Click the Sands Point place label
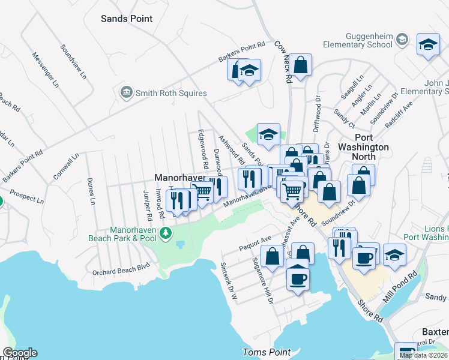coord(127,19)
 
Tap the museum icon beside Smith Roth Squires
coord(127,92)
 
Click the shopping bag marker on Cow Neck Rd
coord(301,64)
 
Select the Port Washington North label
coord(363,151)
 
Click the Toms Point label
coord(267,352)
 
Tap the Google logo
coord(19,353)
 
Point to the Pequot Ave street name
coord(255,244)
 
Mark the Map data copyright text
coord(423,355)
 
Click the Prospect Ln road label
coord(26,197)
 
